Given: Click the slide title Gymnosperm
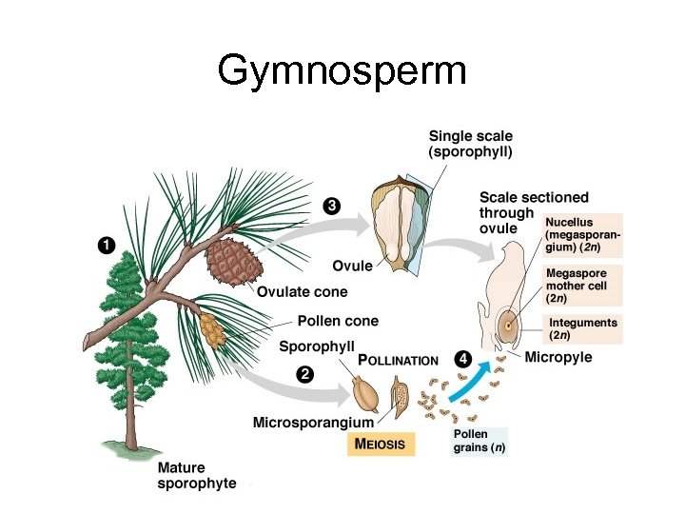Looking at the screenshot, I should [x=342, y=71].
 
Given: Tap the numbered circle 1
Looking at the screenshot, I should [x=108, y=246].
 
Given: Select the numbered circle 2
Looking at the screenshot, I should [x=304, y=374].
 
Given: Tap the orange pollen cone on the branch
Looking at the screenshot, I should [x=211, y=328].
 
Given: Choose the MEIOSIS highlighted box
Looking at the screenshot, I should [x=380, y=444].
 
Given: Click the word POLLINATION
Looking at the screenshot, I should [x=398, y=361].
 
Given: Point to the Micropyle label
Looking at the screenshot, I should [x=558, y=357].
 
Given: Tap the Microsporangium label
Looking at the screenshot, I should [x=313, y=421].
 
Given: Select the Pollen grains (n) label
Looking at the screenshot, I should [x=479, y=441].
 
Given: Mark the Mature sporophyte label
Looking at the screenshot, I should [x=196, y=476].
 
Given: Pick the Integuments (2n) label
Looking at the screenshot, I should [x=582, y=328].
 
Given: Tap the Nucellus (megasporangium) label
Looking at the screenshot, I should [x=582, y=234].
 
